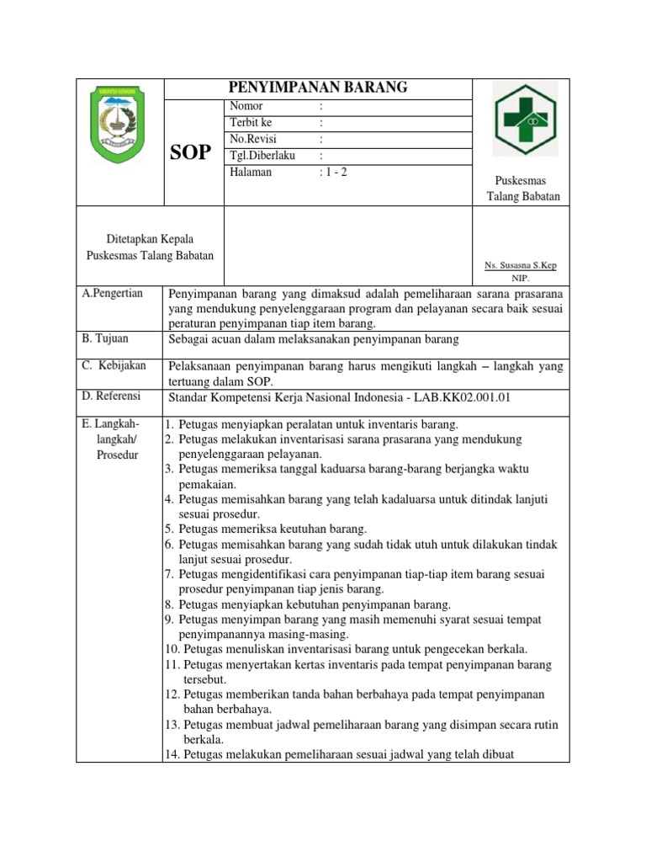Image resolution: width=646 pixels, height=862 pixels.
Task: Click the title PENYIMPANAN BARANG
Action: (x=318, y=88)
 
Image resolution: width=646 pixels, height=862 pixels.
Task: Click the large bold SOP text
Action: (x=193, y=152)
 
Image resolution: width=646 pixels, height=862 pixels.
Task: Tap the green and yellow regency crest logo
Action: (x=119, y=125)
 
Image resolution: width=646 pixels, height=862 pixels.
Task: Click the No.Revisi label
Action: (x=252, y=139)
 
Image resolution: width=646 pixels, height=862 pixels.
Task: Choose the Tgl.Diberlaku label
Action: (x=261, y=156)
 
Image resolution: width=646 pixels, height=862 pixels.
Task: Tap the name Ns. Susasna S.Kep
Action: (x=520, y=265)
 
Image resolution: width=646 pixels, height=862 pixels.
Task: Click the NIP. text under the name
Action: (x=521, y=277)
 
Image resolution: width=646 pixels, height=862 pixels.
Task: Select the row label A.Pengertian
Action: (x=113, y=293)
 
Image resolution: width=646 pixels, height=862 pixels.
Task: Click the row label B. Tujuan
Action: (x=107, y=338)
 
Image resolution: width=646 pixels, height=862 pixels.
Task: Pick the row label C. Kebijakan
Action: (x=114, y=365)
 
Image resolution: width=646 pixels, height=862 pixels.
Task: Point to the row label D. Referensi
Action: (x=112, y=396)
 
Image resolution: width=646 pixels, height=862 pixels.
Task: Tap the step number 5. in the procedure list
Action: (x=169, y=529)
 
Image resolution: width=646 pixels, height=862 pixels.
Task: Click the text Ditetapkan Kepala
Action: (x=150, y=240)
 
